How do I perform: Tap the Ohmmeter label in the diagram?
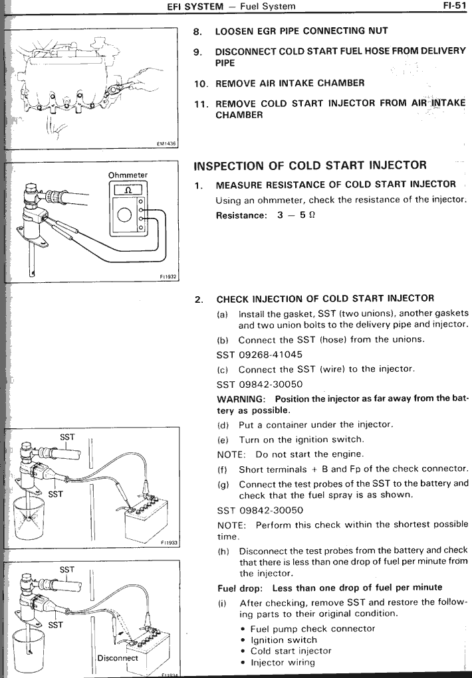pos(128,175)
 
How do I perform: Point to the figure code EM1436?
pos(167,144)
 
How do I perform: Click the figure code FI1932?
pos(168,277)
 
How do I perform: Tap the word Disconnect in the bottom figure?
pos(118,658)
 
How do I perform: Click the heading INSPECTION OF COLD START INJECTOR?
pos(310,165)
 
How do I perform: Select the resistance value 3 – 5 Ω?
pos(296,215)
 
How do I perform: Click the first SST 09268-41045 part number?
pos(259,355)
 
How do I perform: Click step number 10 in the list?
pos(201,84)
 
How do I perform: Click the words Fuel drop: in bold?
pos(240,588)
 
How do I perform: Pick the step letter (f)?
pos(223,469)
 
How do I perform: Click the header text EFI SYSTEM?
pos(195,7)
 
